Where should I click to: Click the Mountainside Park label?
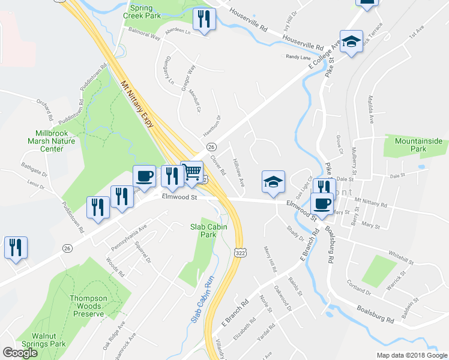coord(418,145)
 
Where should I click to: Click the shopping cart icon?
coord(192,172)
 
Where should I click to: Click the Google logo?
coord(20,353)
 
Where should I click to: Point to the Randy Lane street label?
coord(298,57)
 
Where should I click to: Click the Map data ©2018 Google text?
coord(412,355)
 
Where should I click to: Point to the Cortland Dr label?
coord(360,286)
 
